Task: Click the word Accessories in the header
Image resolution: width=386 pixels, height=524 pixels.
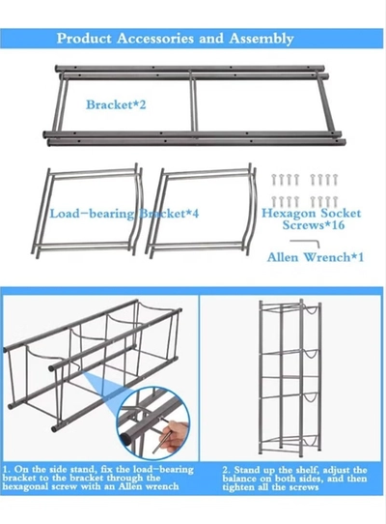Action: pyautogui.click(x=155, y=38)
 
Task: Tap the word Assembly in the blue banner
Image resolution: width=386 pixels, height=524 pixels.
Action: pyautogui.click(x=262, y=39)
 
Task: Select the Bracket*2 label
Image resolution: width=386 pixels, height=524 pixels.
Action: pyautogui.click(x=116, y=104)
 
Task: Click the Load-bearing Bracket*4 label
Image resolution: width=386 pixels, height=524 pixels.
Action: pyautogui.click(x=124, y=214)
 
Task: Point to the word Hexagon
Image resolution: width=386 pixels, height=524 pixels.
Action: pyautogui.click(x=289, y=214)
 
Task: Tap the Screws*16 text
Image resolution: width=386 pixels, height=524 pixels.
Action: pyautogui.click(x=314, y=225)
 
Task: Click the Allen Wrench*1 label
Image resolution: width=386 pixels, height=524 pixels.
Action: pyautogui.click(x=316, y=257)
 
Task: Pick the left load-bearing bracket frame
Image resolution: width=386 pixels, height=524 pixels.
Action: pyautogui.click(x=88, y=211)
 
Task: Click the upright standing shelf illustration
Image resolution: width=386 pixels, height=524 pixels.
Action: pyautogui.click(x=290, y=378)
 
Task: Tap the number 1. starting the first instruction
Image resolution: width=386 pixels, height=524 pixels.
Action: pyautogui.click(x=7, y=469)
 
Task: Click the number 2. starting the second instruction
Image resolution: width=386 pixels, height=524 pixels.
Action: pyautogui.click(x=227, y=470)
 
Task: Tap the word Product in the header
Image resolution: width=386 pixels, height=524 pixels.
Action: pyautogui.click(x=84, y=38)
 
